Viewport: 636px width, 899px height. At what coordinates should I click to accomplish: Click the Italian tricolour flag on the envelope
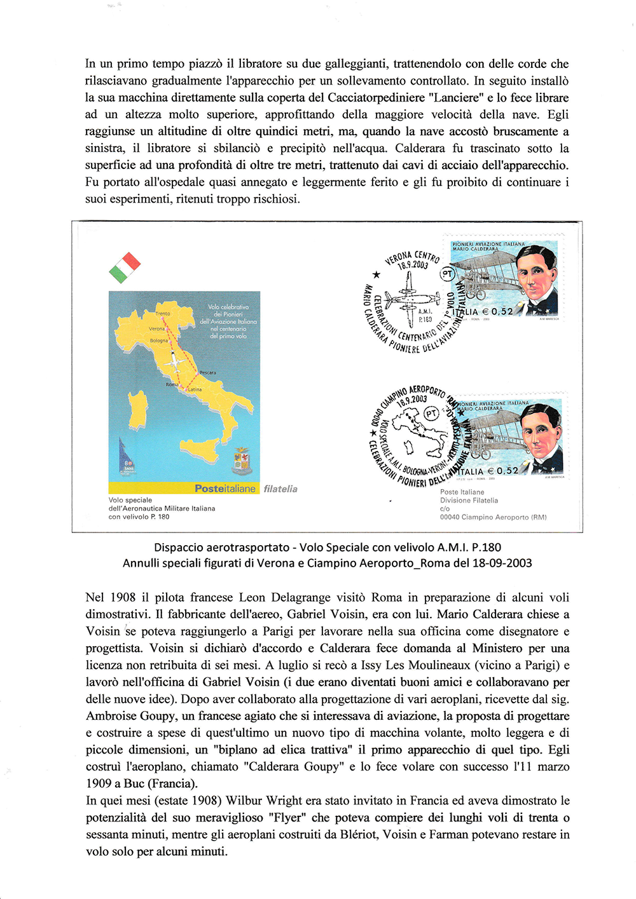pyautogui.click(x=125, y=267)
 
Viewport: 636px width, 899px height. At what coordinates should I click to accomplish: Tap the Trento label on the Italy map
pyautogui.click(x=163, y=314)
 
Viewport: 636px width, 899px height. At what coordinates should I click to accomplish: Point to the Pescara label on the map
pyautogui.click(x=207, y=373)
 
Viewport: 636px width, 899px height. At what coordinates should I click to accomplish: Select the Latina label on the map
pyautogui.click(x=195, y=389)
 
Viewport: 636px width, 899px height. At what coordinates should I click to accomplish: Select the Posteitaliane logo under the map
pyautogui.click(x=225, y=489)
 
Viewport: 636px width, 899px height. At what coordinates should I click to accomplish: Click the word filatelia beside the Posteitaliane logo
pyautogui.click(x=280, y=489)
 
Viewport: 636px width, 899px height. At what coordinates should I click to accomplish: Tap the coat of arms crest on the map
pyautogui.click(x=242, y=461)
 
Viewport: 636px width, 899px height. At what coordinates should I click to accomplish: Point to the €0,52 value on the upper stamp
pyautogui.click(x=497, y=311)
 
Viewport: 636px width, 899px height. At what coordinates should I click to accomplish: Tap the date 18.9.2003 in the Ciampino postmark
pyautogui.click(x=411, y=400)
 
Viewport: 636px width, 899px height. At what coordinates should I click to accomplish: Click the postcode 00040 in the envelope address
pyautogui.click(x=451, y=517)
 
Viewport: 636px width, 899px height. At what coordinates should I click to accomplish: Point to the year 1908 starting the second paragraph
pyautogui.click(x=123, y=597)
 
